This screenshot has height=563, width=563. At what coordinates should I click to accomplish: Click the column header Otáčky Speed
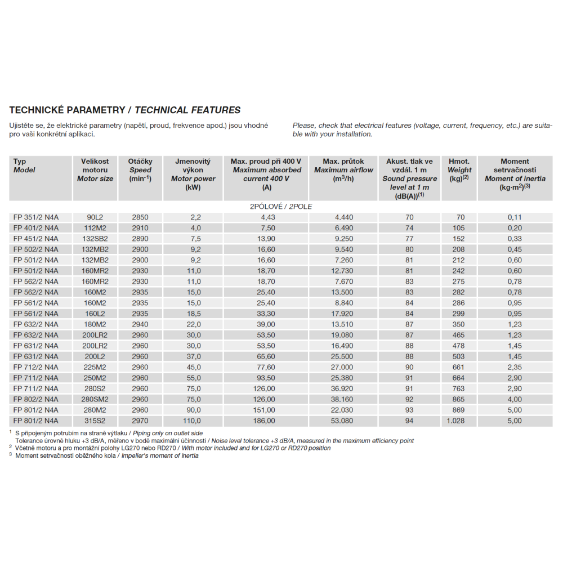coord(140,169)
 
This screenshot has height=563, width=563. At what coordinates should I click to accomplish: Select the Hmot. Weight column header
coord(458,169)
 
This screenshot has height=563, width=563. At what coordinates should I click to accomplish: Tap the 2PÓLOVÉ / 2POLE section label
coord(281,207)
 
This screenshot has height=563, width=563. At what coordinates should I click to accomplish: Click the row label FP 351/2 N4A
coord(35,217)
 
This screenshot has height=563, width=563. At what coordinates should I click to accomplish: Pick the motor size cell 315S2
coord(95,421)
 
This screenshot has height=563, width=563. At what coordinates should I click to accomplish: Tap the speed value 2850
coord(140,217)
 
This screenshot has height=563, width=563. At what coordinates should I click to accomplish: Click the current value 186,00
coord(265,421)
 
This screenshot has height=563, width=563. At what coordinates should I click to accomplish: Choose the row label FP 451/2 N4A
coord(35,239)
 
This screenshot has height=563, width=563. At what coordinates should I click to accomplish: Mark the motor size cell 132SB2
coord(95,239)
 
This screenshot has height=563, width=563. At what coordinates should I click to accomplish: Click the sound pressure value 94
coord(409,421)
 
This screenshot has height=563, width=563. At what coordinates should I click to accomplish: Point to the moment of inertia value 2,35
coord(515,367)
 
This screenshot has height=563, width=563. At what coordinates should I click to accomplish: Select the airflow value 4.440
coord(344,217)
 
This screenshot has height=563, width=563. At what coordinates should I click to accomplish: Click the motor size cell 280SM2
coord(95,399)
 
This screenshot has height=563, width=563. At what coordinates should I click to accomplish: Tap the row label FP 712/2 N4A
coord(35,367)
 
